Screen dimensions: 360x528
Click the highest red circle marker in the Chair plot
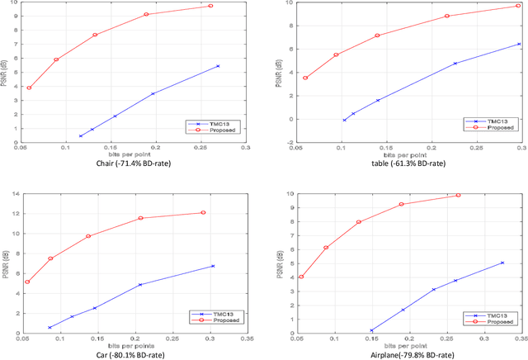point(210,6)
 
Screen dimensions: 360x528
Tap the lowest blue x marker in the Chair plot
point(81,136)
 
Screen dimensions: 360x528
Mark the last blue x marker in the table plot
point(519,44)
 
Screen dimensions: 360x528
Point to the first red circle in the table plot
point(305,78)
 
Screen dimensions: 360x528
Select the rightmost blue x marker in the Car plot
point(213,266)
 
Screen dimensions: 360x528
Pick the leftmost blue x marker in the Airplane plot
point(371,330)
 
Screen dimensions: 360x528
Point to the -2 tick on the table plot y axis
point(290,142)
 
